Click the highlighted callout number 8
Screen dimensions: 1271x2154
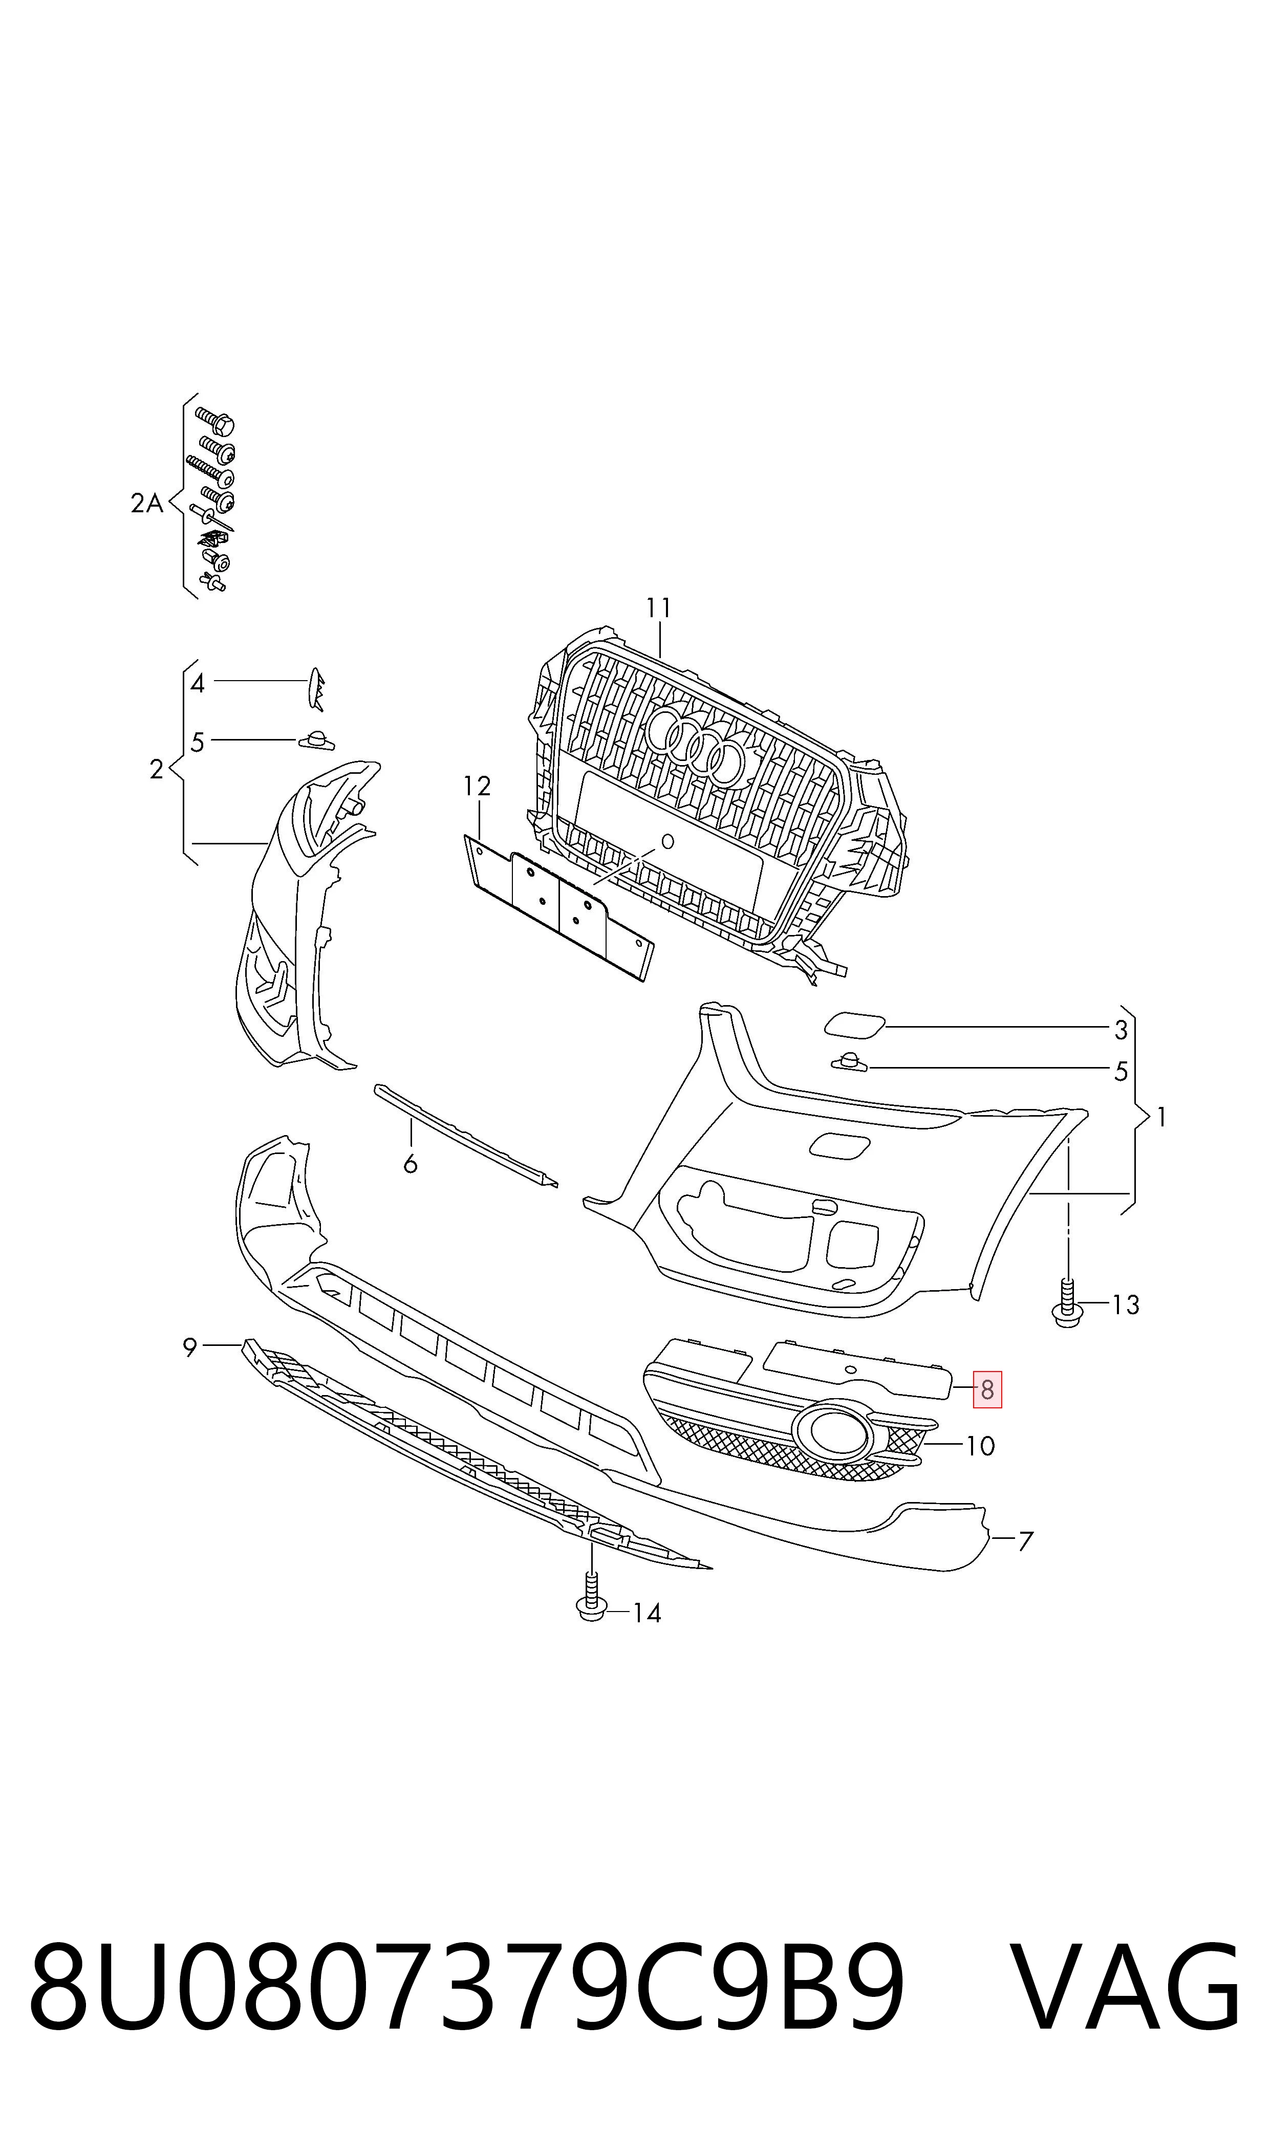(987, 1389)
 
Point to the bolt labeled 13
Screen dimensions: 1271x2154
(1066, 1304)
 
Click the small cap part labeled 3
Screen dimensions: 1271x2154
(854, 1025)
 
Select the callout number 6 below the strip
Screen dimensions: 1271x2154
(410, 1163)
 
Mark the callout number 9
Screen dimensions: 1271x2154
(190, 1347)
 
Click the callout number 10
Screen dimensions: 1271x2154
(981, 1446)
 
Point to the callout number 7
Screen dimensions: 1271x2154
(1025, 1541)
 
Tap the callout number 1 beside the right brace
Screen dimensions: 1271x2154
(1161, 1117)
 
